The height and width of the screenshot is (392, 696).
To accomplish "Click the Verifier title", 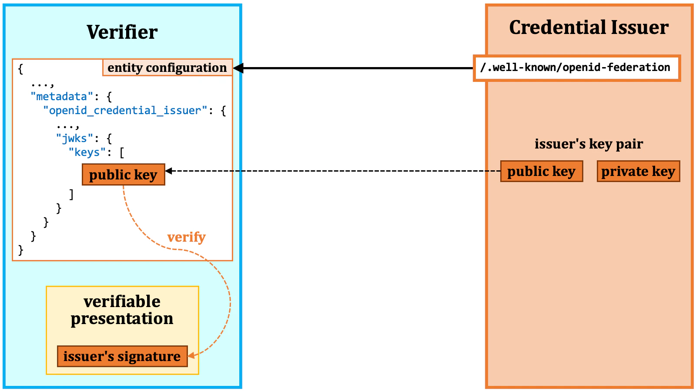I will (122, 32).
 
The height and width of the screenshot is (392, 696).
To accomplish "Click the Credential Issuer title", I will (589, 27).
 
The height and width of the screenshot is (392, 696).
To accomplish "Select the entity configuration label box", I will (167, 68).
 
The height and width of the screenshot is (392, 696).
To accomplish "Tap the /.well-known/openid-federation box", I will (576, 68).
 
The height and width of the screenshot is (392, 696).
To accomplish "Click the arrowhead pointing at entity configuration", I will (238, 68).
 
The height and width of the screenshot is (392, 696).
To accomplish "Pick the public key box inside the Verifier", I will (123, 175).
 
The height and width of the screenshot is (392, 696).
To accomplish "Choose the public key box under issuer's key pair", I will (541, 171).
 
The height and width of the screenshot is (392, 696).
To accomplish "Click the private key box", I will (638, 171).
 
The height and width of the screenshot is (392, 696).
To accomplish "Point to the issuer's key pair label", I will (589, 144).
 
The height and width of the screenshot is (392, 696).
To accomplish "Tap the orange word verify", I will (186, 237).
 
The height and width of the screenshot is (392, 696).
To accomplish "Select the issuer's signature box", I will (122, 356).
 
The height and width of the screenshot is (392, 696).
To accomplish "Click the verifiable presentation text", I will (122, 310).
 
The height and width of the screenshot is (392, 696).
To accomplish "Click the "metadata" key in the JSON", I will (62, 96).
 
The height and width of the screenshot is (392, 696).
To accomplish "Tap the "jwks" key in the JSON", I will (74, 139).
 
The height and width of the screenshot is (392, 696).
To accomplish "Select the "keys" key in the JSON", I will (87, 152).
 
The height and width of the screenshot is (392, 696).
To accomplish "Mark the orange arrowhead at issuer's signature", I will (191, 355).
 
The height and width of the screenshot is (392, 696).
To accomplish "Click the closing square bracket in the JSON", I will (71, 194).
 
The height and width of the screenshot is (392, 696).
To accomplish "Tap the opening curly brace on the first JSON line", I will (20, 69).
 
